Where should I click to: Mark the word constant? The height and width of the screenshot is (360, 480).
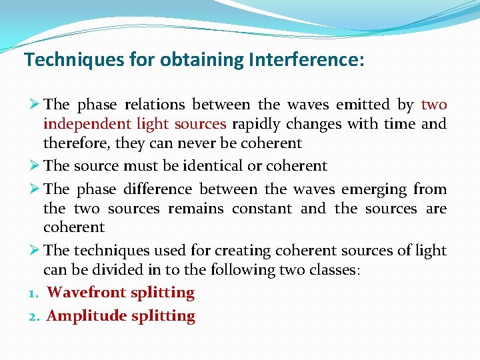pos(262,209)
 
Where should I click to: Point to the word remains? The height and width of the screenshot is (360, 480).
pos(197,209)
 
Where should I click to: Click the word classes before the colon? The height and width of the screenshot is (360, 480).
pos(335,270)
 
